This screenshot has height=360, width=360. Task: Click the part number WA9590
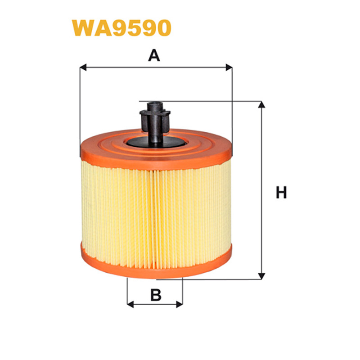tap(121, 28)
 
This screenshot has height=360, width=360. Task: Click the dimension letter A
tap(154, 55)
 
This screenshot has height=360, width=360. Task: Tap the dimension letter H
tap(281, 193)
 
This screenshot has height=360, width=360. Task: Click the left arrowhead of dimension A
tap(83, 67)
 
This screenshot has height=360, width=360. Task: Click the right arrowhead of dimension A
tap(229, 67)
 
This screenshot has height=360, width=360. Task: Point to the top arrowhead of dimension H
tap(261, 104)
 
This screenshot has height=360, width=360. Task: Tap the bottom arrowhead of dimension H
tap(261, 276)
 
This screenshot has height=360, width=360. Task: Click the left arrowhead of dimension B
tap(130, 305)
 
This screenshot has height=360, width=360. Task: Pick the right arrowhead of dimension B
tap(180, 305)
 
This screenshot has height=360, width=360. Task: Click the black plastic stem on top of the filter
tap(155, 122)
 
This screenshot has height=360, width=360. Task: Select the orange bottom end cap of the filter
tap(156, 262)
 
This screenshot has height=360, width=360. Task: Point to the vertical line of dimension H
tap(261, 190)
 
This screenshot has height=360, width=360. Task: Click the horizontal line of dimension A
tap(156, 67)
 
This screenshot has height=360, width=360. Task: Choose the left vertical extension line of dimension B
tap(127, 292)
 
